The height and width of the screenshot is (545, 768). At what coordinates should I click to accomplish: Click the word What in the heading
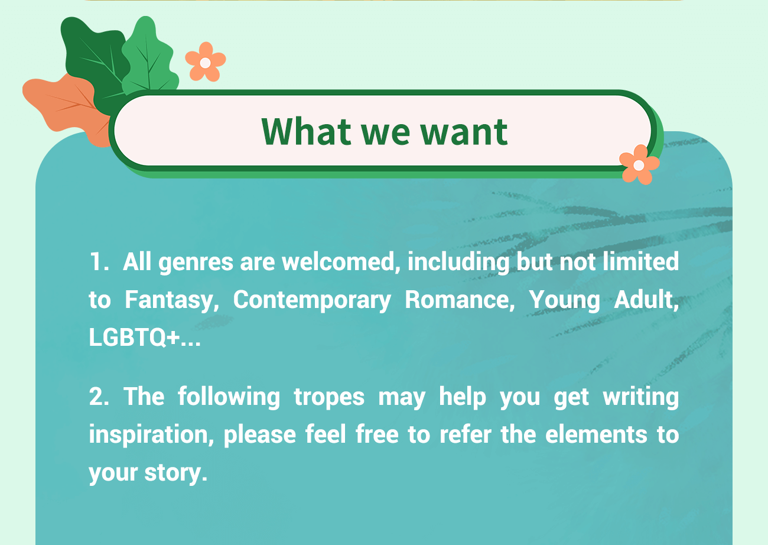tap(307, 131)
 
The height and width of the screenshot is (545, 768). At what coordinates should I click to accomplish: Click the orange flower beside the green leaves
tap(206, 61)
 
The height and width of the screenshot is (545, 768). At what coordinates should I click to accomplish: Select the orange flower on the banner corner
tap(639, 165)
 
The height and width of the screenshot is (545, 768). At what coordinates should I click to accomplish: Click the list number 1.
tap(99, 262)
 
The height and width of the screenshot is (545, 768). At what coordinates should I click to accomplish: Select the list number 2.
tap(99, 397)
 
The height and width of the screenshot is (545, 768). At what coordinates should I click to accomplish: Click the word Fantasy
tap(171, 300)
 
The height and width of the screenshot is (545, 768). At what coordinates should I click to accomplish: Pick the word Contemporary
tap(312, 301)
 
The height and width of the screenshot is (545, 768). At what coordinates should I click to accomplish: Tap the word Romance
tap(460, 300)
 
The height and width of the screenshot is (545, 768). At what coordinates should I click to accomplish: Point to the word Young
tap(564, 301)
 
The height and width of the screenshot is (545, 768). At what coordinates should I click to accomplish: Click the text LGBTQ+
tap(135, 337)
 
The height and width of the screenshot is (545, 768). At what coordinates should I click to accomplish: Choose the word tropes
tap(329, 398)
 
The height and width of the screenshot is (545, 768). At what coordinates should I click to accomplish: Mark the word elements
tap(596, 434)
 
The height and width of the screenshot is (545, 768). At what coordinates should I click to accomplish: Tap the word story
tap(175, 473)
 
